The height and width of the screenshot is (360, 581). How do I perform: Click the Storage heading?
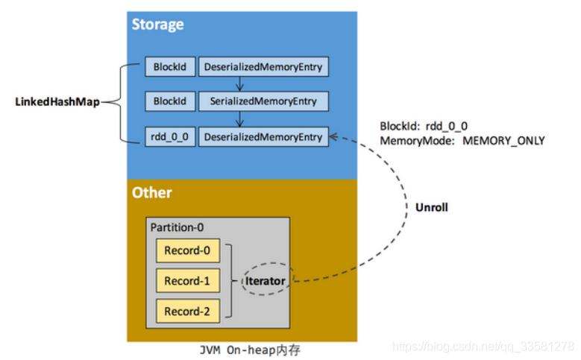pyautogui.click(x=157, y=25)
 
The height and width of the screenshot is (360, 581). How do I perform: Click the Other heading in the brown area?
pyautogui.click(x=151, y=193)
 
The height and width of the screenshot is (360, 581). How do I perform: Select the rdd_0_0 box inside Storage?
pyautogui.click(x=170, y=137)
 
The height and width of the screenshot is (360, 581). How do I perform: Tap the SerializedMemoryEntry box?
pyautogui.click(x=263, y=101)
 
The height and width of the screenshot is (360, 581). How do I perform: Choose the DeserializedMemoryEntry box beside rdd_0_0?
pyautogui.click(x=263, y=137)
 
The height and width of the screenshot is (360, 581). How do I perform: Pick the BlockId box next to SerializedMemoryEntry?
pyautogui.click(x=170, y=101)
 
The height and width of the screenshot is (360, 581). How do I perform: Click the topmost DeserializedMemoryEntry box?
pyautogui.click(x=263, y=66)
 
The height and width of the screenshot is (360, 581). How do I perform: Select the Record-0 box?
pyautogui.click(x=187, y=250)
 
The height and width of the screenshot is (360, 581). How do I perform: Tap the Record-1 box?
pyautogui.click(x=187, y=281)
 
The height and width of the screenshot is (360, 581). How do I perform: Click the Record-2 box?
pyautogui.click(x=187, y=312)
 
